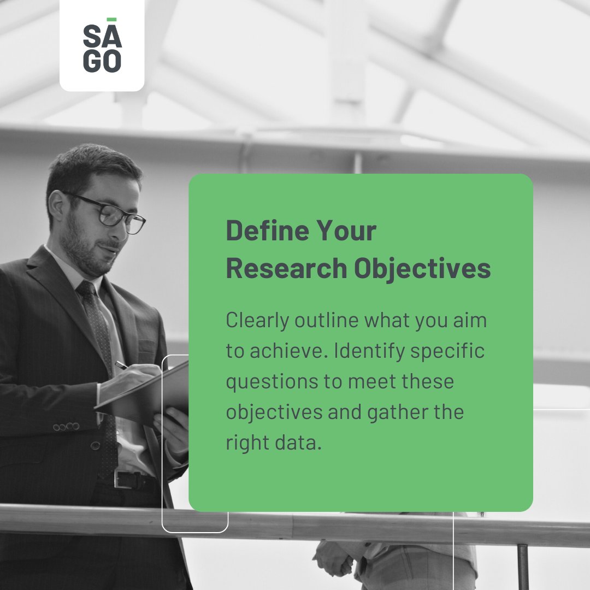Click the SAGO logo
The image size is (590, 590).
click(x=102, y=48)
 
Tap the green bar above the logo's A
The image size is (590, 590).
click(x=111, y=20)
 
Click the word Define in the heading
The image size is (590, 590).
click(x=260, y=232)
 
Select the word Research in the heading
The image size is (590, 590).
click(x=286, y=269)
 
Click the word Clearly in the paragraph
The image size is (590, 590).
click(x=257, y=321)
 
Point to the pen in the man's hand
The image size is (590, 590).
click(x=122, y=365)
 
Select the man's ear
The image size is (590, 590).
click(x=56, y=204)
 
